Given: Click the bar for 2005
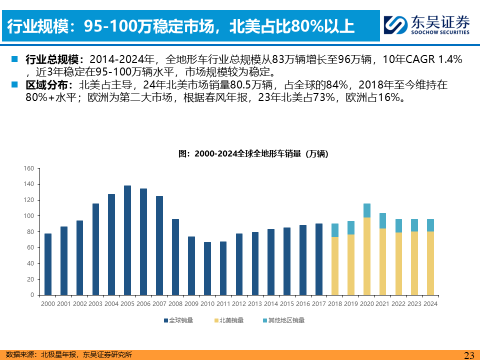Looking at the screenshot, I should pos(127,240).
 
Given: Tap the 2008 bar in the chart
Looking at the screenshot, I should pos(175,257).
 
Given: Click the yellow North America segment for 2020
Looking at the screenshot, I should pos(367,256).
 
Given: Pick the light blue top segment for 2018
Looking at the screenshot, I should pos(335,230).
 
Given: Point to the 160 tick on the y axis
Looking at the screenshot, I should pos(28,168).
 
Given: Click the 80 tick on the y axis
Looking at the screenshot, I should pos(30,232).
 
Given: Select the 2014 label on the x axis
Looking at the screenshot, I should pos(271,303).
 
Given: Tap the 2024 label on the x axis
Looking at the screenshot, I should pos(430,303).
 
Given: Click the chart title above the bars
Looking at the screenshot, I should pos(253,153).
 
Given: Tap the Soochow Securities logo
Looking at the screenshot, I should pos(427,24).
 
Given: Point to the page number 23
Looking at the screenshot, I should pos(469,355).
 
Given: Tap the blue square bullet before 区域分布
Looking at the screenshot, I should pos(14,84).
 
